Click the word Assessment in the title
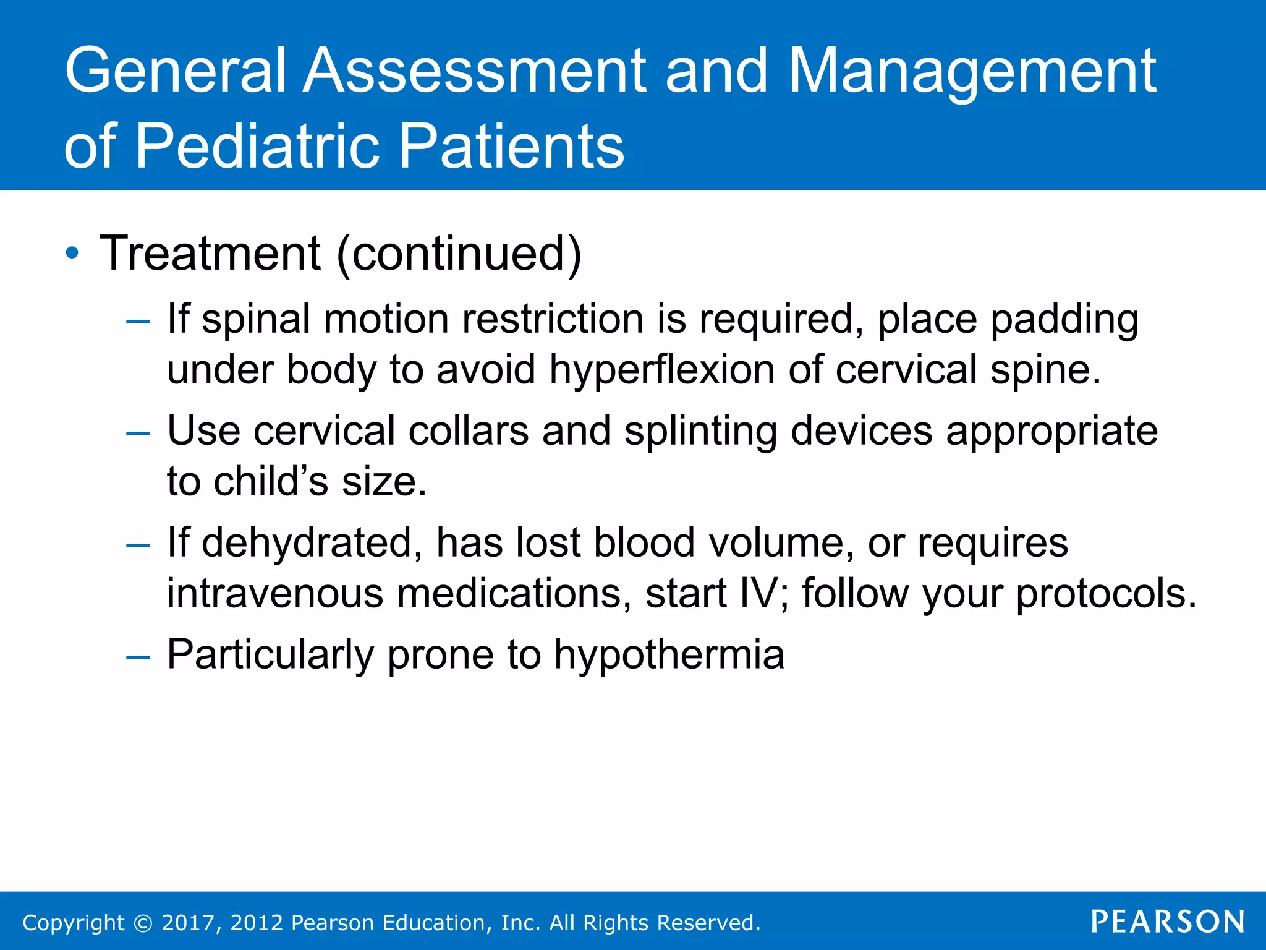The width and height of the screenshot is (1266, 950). (475, 71)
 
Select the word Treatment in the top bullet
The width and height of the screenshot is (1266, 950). (210, 253)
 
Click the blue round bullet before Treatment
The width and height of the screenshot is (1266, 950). (72, 254)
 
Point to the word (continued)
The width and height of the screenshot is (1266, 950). (459, 254)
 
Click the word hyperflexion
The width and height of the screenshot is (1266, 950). (661, 370)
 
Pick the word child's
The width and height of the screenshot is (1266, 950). (271, 482)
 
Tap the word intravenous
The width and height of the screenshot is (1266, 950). (275, 594)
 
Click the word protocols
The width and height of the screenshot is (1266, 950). (1106, 594)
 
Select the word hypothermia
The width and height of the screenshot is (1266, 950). (669, 655)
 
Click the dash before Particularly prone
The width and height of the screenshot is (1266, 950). (137, 657)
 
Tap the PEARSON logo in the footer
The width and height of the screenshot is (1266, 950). (1168, 922)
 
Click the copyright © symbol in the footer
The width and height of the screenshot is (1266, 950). (143, 923)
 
